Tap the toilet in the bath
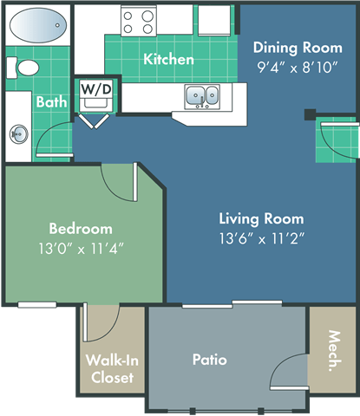click(x=27, y=68)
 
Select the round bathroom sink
click(x=18, y=134)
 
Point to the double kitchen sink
click(x=202, y=96)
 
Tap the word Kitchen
click(x=168, y=60)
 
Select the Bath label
click(x=49, y=102)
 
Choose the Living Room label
click(x=261, y=218)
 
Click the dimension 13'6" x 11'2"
click(x=261, y=237)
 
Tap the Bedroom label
click(x=80, y=229)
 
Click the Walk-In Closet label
click(x=110, y=369)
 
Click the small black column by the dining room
click(x=310, y=114)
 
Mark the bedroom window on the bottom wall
click(x=37, y=303)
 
